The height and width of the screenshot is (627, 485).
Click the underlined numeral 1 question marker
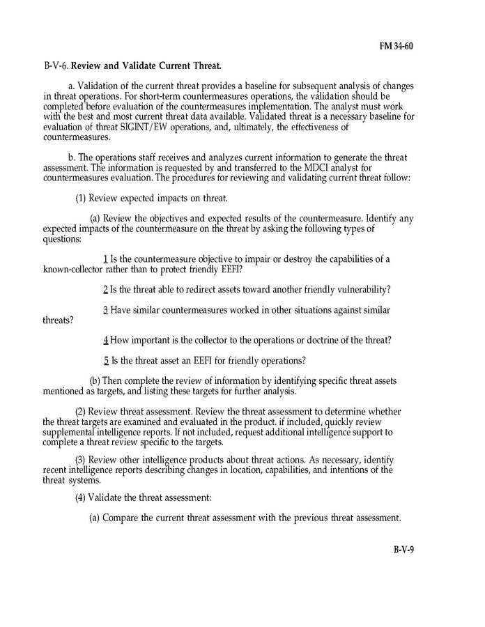(105, 260)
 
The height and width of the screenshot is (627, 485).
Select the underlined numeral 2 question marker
(105, 289)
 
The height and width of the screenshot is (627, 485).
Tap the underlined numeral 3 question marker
(105, 310)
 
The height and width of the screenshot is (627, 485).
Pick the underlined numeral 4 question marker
(105, 340)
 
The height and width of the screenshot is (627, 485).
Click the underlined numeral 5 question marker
(106, 360)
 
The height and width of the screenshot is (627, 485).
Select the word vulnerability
(355, 289)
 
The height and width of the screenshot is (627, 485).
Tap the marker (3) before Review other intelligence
(81, 460)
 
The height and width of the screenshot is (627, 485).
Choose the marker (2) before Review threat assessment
(81, 411)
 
